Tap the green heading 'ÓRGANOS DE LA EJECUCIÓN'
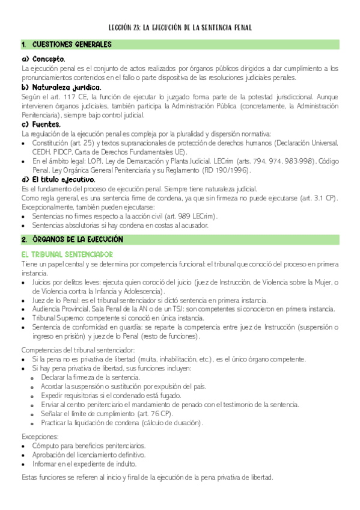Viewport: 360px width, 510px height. tap(78, 239)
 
